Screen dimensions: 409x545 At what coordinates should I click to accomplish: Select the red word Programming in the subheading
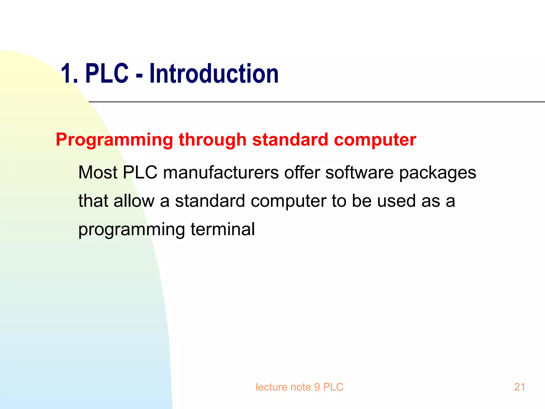114,140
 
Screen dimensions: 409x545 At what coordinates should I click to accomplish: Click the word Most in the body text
98,173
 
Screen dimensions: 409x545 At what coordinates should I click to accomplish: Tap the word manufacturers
221,173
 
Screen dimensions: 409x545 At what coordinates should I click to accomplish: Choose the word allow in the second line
134,201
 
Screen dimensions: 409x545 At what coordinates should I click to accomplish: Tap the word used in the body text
396,201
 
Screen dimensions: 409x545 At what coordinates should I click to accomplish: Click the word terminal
222,229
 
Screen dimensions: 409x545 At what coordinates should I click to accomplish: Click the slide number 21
519,387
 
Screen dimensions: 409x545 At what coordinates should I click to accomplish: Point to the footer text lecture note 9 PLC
299,387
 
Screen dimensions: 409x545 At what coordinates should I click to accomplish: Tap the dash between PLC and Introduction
139,76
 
